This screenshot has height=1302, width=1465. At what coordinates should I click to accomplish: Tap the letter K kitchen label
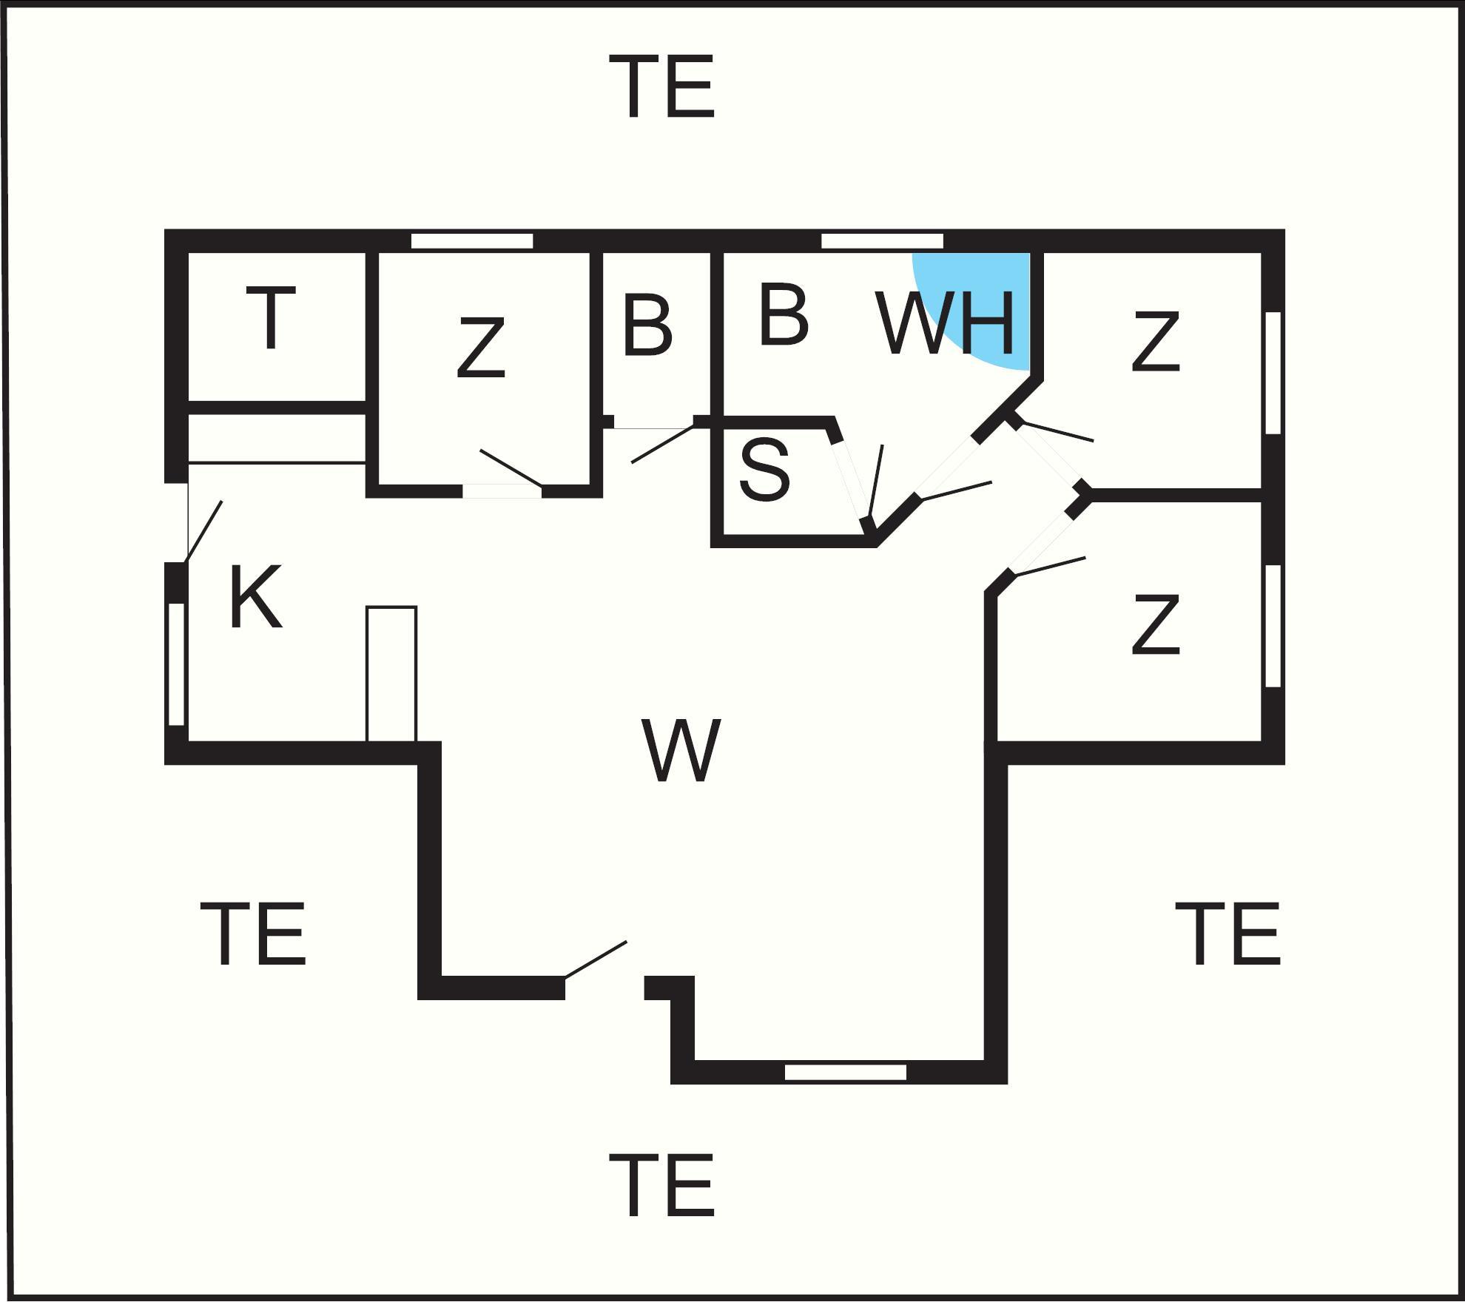(256, 597)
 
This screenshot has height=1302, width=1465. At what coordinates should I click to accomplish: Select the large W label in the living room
(681, 749)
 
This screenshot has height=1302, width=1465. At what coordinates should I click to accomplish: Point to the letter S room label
(764, 470)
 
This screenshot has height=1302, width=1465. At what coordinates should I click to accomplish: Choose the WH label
(945, 323)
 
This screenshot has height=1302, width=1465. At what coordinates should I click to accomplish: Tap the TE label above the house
(662, 87)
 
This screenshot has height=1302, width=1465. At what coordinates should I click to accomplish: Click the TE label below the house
(662, 1186)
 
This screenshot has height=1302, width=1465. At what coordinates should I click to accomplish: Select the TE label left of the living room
(253, 934)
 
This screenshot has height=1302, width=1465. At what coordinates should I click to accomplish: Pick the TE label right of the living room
(1228, 934)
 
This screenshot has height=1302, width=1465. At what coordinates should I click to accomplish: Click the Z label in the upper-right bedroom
(1155, 341)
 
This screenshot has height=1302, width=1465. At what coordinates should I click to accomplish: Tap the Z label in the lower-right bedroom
(1155, 625)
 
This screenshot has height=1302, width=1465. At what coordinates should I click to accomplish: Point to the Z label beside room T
(480, 348)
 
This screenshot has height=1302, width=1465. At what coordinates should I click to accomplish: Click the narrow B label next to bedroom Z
(647, 325)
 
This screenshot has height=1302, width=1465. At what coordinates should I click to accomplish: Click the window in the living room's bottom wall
(846, 1072)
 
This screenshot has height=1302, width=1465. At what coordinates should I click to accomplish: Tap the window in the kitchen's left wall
(177, 664)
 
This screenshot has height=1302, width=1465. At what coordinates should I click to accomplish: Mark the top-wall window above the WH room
(883, 241)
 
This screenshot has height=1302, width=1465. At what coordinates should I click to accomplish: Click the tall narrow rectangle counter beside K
(391, 674)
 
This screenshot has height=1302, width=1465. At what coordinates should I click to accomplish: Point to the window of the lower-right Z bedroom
(1273, 626)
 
